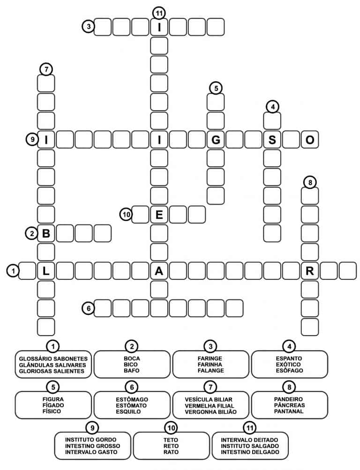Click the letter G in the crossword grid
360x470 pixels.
(x=216, y=140)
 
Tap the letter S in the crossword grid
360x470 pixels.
(x=272, y=140)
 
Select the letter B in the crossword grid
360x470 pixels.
(x=46, y=233)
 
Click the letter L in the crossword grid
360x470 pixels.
(x=46, y=271)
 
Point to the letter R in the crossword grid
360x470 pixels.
(x=310, y=271)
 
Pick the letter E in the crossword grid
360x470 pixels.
(x=159, y=215)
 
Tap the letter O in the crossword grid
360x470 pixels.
(x=310, y=140)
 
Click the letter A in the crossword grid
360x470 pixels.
(x=159, y=271)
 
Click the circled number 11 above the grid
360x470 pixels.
(x=159, y=13)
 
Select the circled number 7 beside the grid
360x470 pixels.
(x=46, y=69)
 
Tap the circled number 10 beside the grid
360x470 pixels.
(x=127, y=215)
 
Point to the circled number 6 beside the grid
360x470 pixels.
(x=89, y=308)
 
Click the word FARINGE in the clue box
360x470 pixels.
(x=210, y=358)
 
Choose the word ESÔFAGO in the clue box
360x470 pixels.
(x=289, y=371)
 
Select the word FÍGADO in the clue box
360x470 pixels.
(x=53, y=405)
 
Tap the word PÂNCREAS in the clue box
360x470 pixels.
(x=289, y=405)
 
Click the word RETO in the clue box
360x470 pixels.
(x=171, y=446)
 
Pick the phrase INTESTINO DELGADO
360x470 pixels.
(x=250, y=452)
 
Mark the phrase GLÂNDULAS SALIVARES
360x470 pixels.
(x=52, y=365)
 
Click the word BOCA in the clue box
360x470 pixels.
(x=132, y=358)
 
